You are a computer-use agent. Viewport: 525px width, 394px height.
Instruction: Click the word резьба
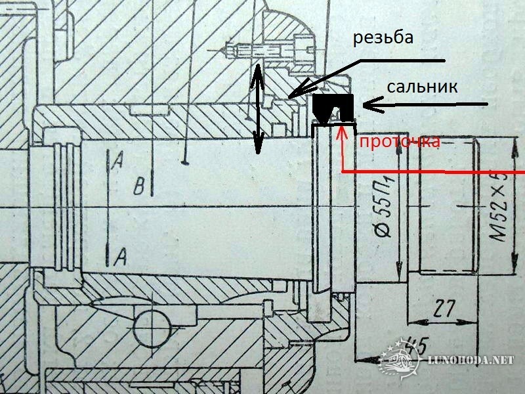(x=384, y=37)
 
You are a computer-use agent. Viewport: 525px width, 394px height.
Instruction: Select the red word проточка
(x=400, y=142)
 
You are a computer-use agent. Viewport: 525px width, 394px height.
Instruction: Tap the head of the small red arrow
(x=341, y=129)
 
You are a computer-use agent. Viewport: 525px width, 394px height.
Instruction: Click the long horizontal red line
(x=433, y=172)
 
